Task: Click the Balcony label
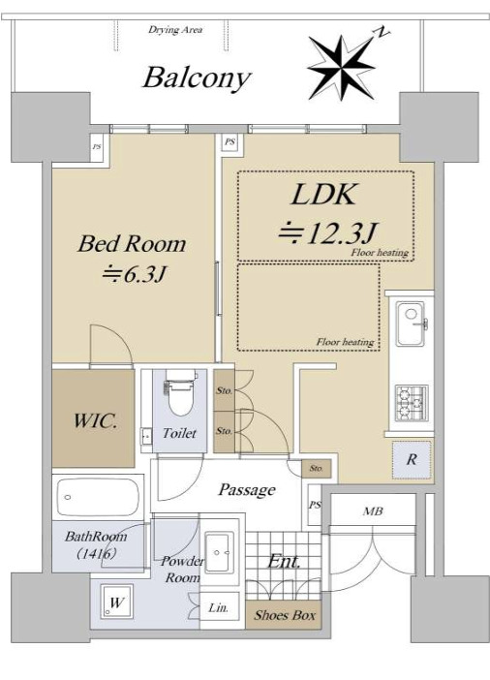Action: point(197,77)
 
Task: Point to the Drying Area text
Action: point(175,30)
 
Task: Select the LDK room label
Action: point(324,195)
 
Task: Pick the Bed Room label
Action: point(132,243)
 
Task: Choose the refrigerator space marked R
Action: point(412,459)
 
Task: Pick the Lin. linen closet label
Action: point(218,608)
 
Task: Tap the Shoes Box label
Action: point(285,614)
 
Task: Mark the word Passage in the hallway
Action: point(246,490)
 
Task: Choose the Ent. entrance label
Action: point(284,561)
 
